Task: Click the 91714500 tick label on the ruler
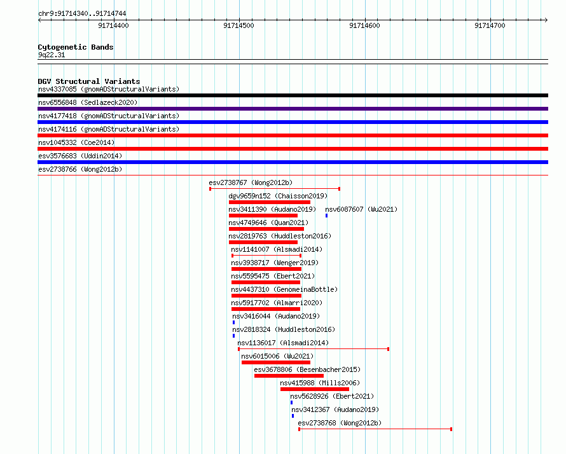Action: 238,25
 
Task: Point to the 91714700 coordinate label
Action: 490,25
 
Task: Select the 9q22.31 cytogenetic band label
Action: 52,55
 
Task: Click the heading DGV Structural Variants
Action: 89,81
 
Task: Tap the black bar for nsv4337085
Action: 293,95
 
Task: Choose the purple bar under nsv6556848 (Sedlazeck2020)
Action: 293,109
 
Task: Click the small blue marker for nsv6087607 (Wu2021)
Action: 327,216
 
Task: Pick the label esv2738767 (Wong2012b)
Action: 251,182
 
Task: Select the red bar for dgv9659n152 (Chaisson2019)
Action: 270,202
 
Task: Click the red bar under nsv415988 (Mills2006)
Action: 315,389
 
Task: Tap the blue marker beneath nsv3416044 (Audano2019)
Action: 234,322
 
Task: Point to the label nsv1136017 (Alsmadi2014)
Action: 283,343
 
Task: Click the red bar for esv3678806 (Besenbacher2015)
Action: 289,376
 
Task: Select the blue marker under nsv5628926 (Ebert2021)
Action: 292,402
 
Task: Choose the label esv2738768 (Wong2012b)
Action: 340,423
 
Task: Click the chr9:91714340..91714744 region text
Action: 82,13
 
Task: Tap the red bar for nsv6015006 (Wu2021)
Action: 276,362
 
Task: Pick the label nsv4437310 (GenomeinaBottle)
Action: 284,289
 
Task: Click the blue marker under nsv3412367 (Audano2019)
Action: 293,416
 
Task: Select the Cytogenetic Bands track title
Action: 76,47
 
